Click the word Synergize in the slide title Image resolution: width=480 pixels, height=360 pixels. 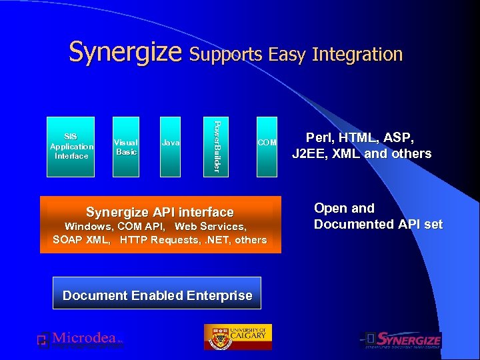[126, 52]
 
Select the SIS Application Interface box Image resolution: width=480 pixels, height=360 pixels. [71, 147]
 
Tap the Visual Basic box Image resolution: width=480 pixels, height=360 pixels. [126, 147]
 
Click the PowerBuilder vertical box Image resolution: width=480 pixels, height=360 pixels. [215, 147]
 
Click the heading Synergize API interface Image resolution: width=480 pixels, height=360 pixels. [160, 212]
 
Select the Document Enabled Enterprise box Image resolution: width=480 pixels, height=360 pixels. [157, 295]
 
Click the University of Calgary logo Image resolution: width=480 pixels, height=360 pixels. [237, 337]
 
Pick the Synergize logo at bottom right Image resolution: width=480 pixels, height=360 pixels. [401, 340]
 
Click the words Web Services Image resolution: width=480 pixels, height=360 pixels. [210, 227]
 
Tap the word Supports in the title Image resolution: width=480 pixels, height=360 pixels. [226, 54]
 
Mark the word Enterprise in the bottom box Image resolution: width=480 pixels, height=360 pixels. [219, 295]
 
